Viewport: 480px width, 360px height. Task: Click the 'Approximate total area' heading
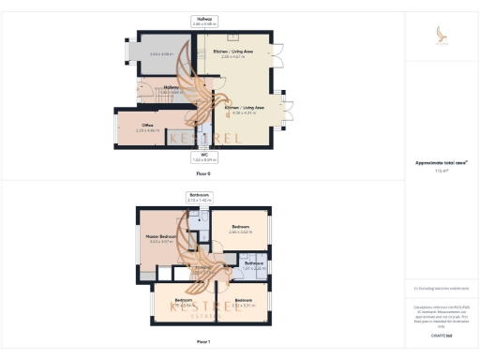[442, 162]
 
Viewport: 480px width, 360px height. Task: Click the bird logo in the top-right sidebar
[442, 35]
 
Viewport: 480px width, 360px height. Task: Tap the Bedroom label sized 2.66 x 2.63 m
[241, 228]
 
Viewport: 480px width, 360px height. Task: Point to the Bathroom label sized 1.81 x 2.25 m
[253, 264]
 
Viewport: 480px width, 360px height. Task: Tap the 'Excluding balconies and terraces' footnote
[442, 288]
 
